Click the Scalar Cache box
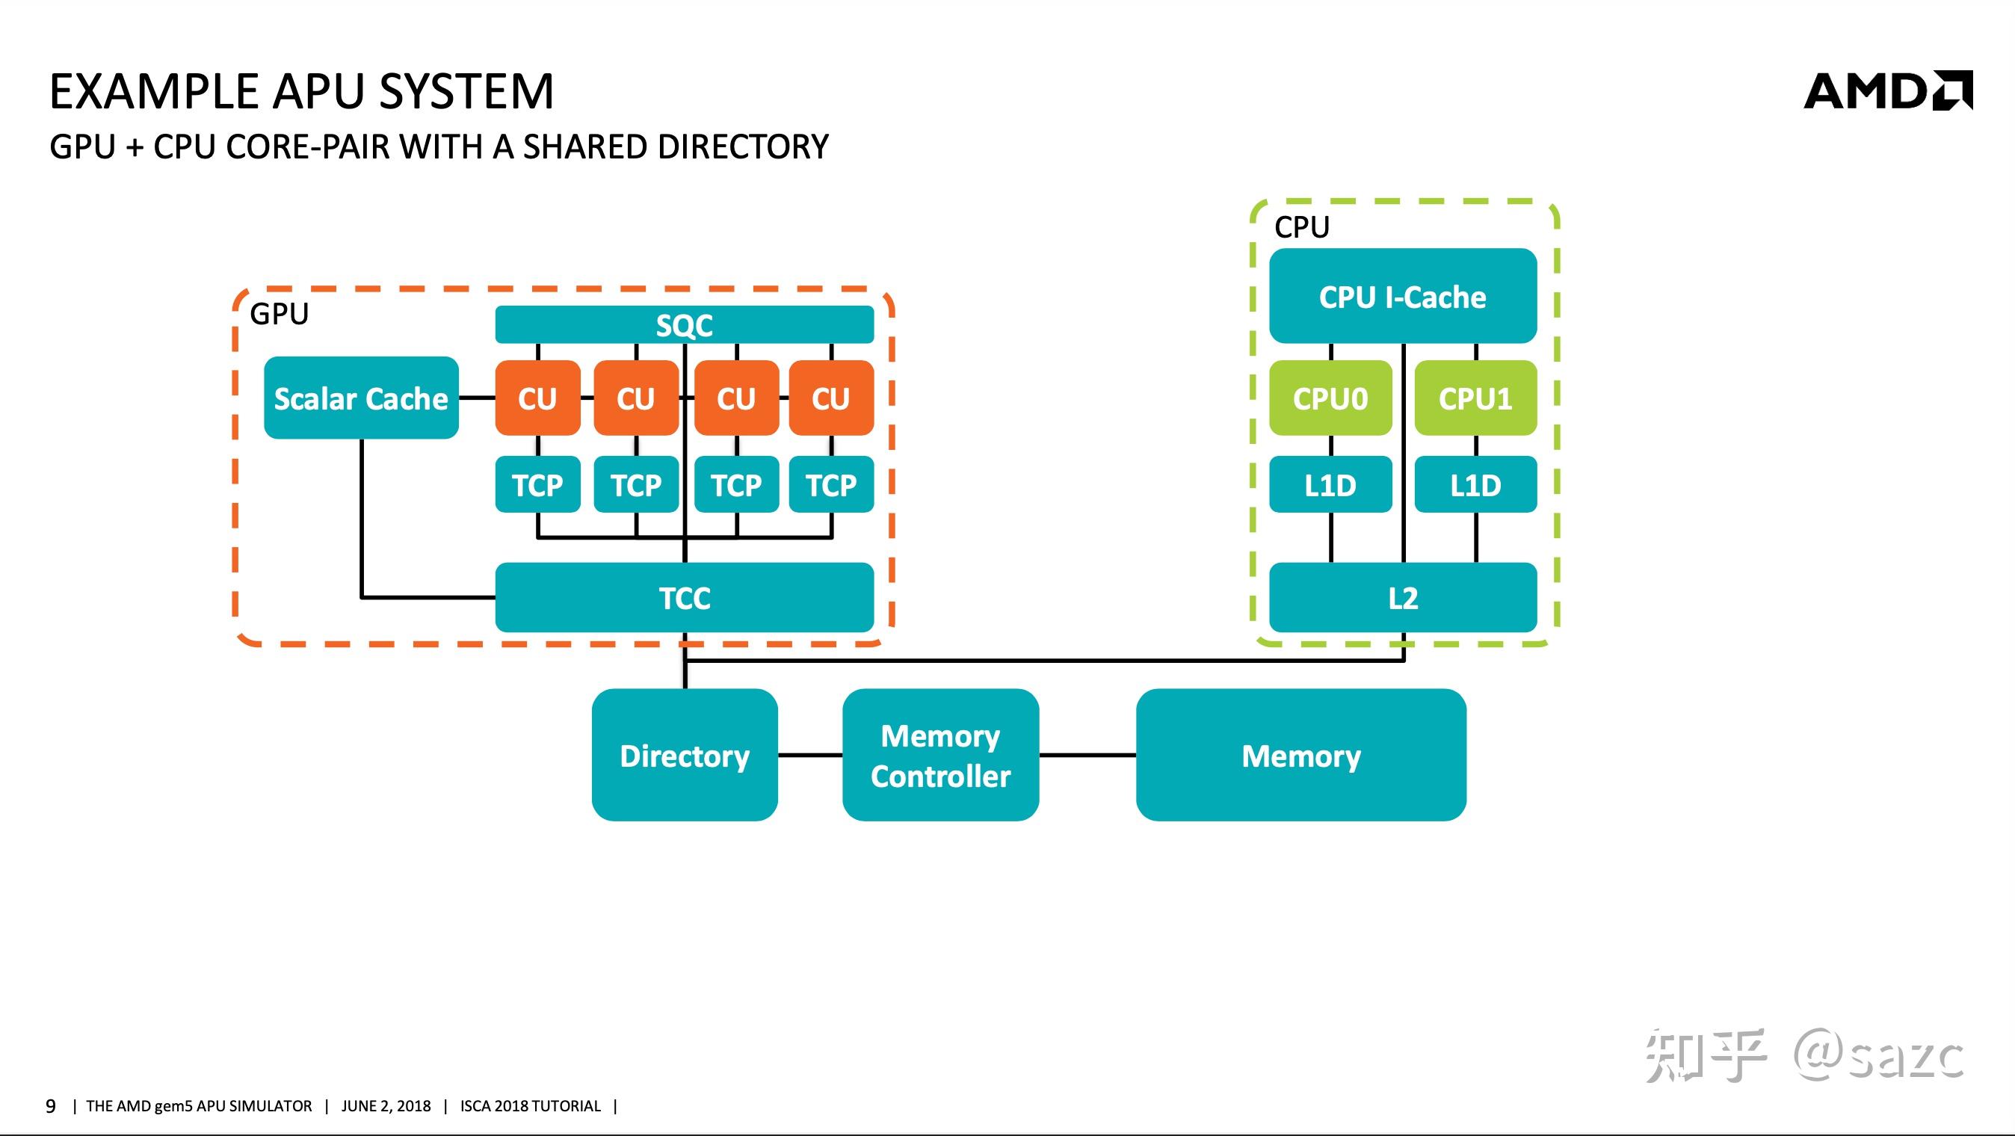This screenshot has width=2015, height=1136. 360,398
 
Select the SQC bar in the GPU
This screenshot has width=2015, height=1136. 684,324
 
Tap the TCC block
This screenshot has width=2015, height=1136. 684,598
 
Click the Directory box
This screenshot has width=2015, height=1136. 685,755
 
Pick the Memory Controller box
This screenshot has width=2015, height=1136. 940,755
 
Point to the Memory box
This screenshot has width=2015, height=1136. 1300,755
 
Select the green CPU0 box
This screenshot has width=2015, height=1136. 1330,398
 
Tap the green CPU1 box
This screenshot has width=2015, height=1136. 1475,398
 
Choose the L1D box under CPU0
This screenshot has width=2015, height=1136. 1330,485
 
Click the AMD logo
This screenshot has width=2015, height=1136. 1887,91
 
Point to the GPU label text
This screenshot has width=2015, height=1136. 280,314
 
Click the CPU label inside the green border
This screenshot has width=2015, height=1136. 1302,227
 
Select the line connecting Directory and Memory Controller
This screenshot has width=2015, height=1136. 809,755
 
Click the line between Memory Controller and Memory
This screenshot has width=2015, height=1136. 1087,755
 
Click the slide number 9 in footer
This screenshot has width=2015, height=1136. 51,1105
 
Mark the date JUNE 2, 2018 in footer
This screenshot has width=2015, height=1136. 386,1105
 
